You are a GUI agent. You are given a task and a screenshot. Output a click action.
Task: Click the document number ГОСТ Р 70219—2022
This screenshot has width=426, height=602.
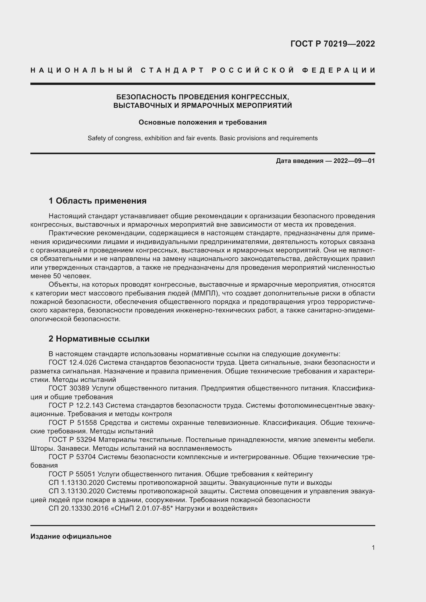click(x=332, y=44)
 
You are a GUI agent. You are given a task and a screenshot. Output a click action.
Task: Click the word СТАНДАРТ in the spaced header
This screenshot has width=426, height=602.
click(x=172, y=70)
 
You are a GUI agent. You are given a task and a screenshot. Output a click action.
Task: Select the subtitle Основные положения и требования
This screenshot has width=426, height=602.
click(x=202, y=123)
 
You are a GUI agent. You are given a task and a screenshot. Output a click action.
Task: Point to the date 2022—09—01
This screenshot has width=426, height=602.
click(x=354, y=161)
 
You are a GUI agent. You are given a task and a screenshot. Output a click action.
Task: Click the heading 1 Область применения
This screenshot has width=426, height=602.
click(x=98, y=201)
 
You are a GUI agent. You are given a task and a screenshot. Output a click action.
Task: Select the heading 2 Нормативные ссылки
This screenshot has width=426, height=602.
click(x=99, y=339)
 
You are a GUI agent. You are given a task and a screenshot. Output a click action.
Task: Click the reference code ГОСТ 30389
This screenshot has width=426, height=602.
click(x=69, y=388)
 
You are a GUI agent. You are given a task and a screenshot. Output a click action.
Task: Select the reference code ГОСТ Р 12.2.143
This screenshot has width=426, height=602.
click(x=76, y=405)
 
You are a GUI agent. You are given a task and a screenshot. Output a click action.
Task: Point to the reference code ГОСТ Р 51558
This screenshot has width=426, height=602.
click(x=73, y=423)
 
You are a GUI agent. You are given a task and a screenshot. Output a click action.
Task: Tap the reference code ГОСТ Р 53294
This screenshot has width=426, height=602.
click(x=73, y=440)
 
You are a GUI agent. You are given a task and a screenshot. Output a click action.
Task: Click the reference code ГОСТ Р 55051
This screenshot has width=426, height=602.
click(x=72, y=474)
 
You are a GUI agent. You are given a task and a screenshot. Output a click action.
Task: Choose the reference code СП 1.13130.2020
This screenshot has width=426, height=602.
click(x=76, y=483)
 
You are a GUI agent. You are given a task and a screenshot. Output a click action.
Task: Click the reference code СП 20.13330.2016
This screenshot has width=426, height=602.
click(x=79, y=508)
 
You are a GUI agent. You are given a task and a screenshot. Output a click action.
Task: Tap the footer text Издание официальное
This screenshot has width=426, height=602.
click(x=71, y=536)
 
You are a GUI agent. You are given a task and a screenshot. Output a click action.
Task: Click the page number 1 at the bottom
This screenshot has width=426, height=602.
click(x=373, y=547)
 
